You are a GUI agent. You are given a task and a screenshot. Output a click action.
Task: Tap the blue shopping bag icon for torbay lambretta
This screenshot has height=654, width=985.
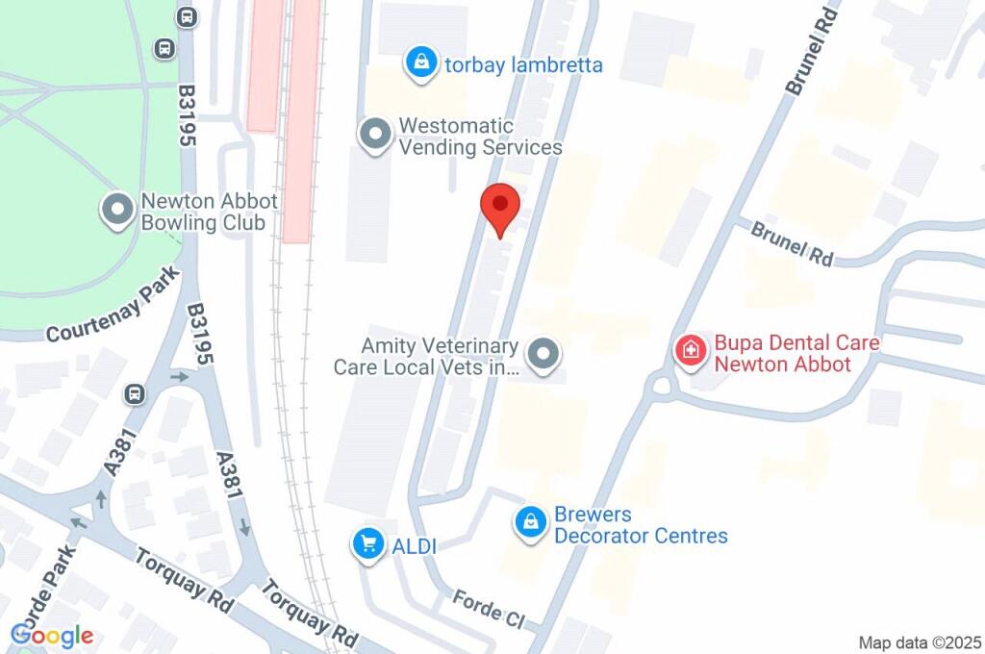(420, 63)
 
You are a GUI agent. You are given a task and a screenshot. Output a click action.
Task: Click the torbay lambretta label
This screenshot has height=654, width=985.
(523, 65)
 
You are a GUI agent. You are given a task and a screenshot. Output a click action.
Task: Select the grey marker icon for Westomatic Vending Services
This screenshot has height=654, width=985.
(373, 135)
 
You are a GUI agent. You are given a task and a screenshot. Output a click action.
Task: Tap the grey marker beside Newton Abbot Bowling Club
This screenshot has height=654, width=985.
(118, 211)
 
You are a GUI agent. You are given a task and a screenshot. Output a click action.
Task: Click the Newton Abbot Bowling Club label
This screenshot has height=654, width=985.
(209, 212)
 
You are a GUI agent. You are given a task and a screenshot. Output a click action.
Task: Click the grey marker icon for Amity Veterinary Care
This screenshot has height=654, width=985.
(544, 354)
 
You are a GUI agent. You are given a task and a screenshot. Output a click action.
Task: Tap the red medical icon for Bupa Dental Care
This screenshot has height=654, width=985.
(689, 351)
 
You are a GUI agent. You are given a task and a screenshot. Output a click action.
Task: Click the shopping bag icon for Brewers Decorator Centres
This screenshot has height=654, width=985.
(529, 523)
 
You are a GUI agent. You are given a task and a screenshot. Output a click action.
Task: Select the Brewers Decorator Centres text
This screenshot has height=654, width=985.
(640, 525)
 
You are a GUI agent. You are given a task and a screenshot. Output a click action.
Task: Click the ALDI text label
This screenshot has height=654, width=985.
(415, 546)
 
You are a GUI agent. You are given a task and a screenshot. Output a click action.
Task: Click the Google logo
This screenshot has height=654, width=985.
(52, 635)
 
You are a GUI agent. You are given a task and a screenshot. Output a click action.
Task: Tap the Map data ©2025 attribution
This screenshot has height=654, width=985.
(920, 641)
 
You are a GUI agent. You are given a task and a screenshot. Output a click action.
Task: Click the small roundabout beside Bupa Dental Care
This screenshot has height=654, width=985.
(661, 387)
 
